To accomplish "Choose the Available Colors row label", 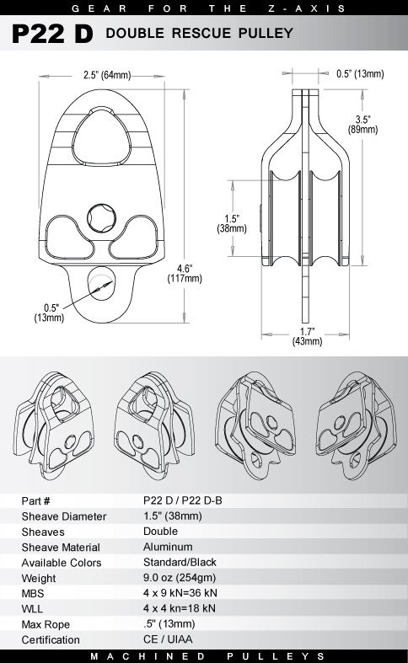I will point(61,562).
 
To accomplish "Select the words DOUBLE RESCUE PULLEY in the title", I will point(200,35).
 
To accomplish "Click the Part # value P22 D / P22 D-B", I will point(183,500).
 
